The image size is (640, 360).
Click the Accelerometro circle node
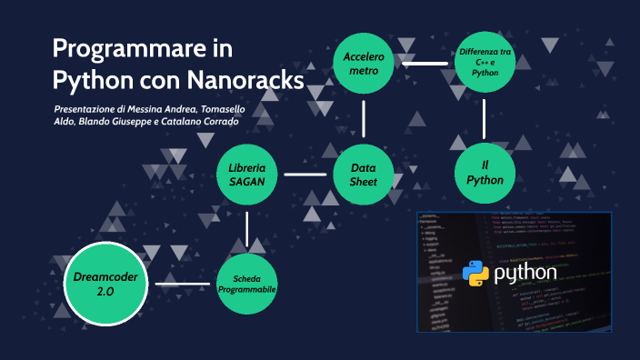click(x=365, y=64)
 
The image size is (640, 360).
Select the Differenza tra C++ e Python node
click(x=485, y=64)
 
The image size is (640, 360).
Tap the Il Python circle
click(x=485, y=173)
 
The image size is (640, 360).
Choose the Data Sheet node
click(x=365, y=174)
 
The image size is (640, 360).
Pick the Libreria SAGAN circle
click(x=247, y=174)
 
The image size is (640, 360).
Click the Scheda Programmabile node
click(x=247, y=284)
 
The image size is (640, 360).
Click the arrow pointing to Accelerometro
click(x=425, y=65)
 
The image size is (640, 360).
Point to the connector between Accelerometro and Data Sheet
click(x=365, y=118)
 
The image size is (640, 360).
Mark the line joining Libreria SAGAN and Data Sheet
click(x=305, y=174)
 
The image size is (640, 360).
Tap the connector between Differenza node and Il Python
click(x=485, y=118)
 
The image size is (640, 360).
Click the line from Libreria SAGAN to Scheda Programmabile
click(x=247, y=228)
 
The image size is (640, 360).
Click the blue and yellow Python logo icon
click(x=475, y=273)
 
